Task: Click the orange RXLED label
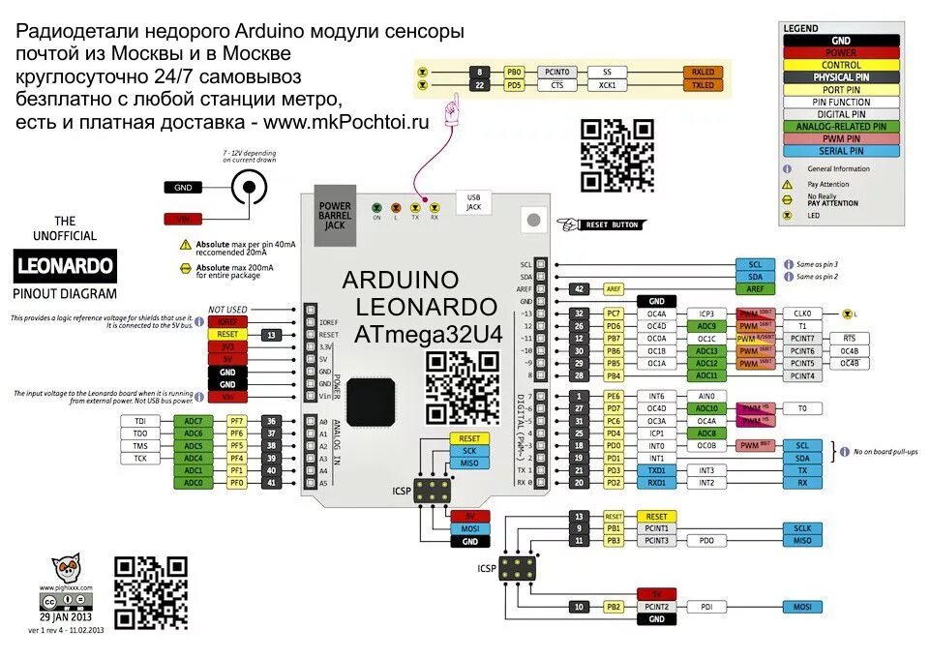coord(703,72)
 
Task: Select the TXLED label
coord(703,85)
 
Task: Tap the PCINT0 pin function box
coord(557,72)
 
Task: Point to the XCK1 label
coord(607,85)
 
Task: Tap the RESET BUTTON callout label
coord(612,224)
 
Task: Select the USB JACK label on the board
coord(473,200)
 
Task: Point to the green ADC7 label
coord(194,421)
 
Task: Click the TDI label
coord(140,421)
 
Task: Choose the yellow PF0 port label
coord(237,482)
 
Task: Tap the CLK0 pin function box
coord(802,314)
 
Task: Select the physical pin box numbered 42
coord(579,288)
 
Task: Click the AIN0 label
coord(705,396)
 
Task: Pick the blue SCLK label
coord(802,528)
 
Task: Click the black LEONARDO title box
coord(65,265)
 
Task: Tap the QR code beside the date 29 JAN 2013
coord(150,592)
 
